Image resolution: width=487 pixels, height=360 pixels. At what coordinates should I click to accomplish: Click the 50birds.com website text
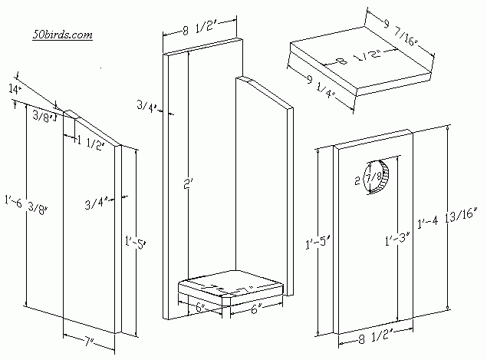63,35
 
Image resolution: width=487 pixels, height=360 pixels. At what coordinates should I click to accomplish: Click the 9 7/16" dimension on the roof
404,35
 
